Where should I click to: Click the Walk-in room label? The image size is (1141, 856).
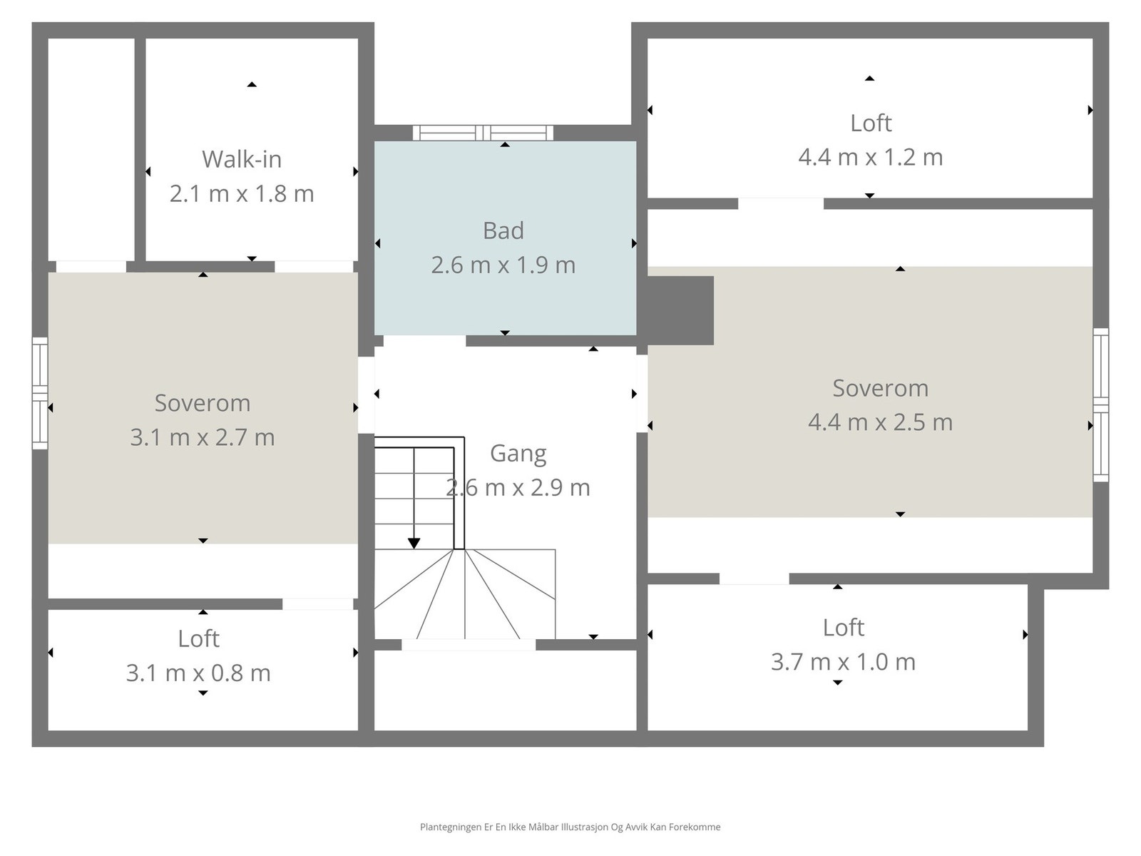coord(242,159)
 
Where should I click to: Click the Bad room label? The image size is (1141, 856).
coord(503,230)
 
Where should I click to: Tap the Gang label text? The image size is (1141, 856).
coord(518,454)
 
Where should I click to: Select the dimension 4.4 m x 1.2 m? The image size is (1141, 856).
coord(870,157)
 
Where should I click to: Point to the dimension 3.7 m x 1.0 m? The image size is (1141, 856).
coord(843,662)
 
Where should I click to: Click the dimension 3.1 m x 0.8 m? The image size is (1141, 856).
coord(198,673)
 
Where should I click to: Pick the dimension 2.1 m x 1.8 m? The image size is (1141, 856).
coord(242,193)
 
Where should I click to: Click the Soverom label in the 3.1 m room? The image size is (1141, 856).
coord(203,403)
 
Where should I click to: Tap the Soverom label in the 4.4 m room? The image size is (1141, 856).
coord(880,388)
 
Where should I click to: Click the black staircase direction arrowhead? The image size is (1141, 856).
coord(414,544)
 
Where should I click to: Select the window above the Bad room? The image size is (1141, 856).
coord(483,133)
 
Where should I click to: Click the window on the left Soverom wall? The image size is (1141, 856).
coord(40,394)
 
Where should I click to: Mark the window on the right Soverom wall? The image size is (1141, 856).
coord(1101,404)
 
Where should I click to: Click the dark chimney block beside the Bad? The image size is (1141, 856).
coord(680,310)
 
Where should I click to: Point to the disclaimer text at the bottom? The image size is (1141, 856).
coord(570,827)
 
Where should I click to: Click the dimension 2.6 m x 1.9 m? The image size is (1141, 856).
coord(503,265)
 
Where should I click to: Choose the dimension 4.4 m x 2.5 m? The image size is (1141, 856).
coord(880,422)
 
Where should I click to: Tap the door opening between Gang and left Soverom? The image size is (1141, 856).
coord(366,394)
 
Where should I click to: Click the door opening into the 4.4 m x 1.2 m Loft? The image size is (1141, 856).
coord(780,204)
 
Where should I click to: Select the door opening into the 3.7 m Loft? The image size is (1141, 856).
coord(754,579)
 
